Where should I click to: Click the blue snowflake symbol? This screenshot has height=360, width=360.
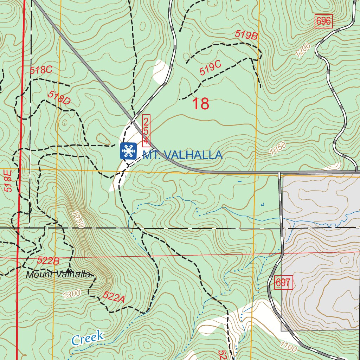[128, 151]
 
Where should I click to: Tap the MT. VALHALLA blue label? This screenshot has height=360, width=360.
[182, 155]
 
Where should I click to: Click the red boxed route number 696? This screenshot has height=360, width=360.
[323, 21]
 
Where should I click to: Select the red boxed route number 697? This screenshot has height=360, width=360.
[283, 283]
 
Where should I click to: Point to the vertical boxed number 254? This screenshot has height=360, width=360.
[146, 131]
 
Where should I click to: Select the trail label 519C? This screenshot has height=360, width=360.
[210, 67]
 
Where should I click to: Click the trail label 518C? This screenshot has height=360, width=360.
[41, 70]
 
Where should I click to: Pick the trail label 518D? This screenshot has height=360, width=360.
[59, 97]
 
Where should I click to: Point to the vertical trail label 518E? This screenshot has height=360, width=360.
[8, 180]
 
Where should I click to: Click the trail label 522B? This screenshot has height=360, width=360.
[48, 261]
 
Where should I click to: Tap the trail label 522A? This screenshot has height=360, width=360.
[114, 297]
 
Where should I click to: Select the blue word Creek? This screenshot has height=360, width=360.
[88, 337]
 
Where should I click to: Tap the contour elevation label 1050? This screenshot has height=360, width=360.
[278, 149]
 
